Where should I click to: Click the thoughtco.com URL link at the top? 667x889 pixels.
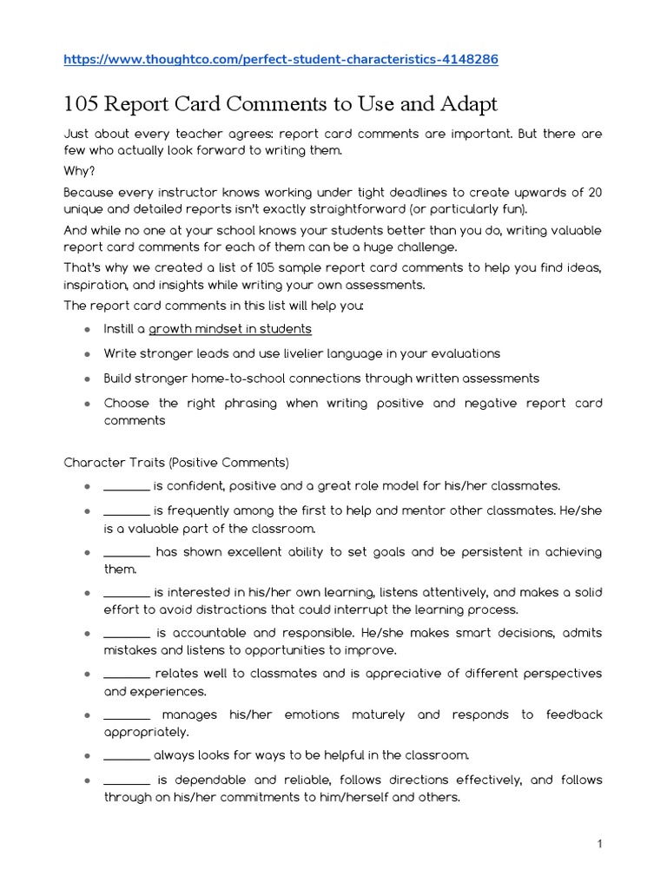tap(281, 59)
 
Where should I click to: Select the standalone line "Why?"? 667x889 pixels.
tap(79, 170)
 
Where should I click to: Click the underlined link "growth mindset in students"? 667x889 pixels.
tap(230, 329)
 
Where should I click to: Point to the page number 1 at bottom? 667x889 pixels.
tap(599, 844)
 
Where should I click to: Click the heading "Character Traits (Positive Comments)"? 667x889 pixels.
tap(176, 462)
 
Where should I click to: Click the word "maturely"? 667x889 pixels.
tap(378, 714)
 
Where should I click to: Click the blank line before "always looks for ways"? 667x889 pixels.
tap(126, 755)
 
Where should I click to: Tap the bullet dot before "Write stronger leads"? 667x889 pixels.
tap(87, 354)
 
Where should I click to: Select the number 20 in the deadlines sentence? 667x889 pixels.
tap(594, 191)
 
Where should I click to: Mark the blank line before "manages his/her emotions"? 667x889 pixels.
tap(127, 714)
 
